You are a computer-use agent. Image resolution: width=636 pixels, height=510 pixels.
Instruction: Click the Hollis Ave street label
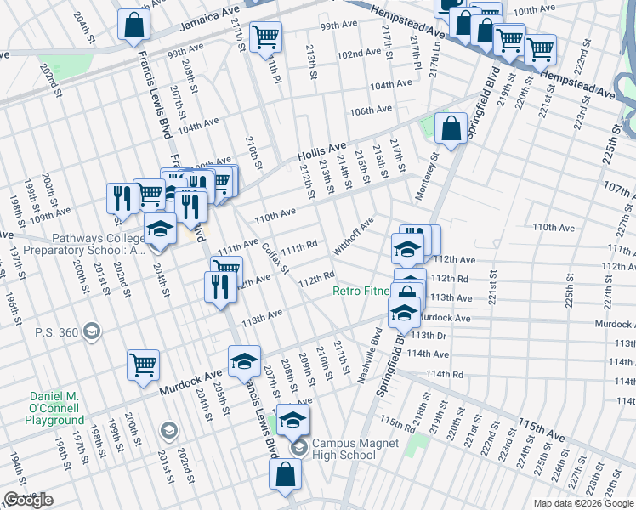(x=321, y=152)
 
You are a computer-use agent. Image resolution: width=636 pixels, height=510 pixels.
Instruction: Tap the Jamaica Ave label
(x=207, y=22)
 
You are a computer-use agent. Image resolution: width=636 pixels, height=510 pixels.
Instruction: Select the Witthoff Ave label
(x=353, y=235)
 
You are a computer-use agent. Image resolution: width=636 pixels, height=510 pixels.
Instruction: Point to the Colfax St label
(x=275, y=256)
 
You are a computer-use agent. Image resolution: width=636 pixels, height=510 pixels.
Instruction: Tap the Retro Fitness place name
(x=361, y=292)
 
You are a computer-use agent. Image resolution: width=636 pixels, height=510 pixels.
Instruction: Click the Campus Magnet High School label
(x=344, y=449)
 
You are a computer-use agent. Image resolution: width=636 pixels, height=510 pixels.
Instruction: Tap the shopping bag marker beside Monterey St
(x=451, y=129)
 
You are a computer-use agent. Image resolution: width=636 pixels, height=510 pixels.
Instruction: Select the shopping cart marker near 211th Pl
(x=266, y=37)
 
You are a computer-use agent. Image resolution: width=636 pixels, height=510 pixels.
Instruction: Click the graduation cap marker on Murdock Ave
(x=244, y=361)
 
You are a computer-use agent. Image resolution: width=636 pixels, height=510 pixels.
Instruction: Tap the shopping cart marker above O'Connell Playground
(x=143, y=365)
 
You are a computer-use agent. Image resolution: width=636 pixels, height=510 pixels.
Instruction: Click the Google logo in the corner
(x=28, y=500)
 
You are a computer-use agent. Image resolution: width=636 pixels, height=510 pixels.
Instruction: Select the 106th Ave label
(x=371, y=110)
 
